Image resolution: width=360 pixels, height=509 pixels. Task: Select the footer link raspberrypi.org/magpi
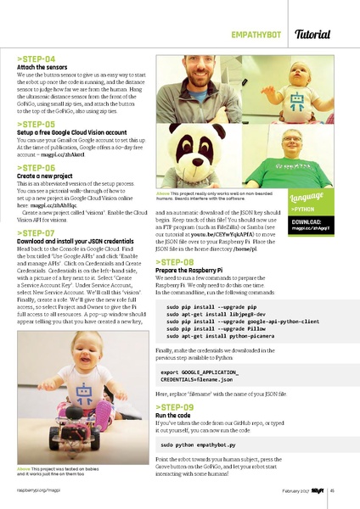(x=35, y=490)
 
